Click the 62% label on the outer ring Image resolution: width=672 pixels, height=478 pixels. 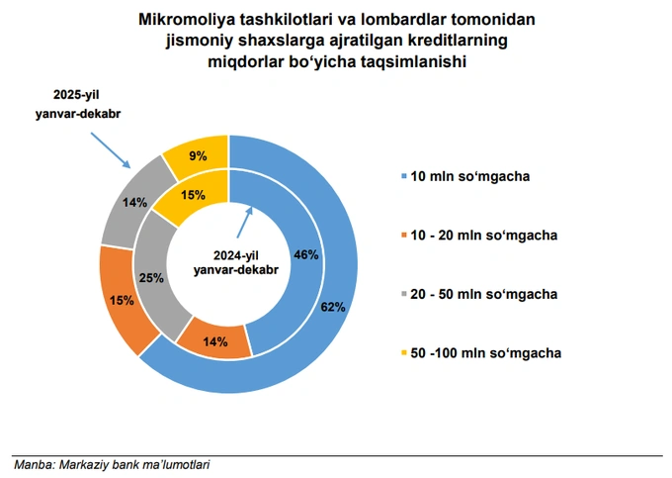333,307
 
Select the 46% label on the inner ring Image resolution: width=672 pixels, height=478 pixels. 306,254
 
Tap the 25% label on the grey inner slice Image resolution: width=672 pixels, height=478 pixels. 151,278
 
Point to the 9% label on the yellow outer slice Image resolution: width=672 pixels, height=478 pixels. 198,155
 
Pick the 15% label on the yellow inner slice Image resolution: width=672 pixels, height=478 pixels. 193,195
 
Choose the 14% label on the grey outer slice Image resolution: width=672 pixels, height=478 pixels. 135,202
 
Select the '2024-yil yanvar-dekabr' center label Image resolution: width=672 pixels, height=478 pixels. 235,261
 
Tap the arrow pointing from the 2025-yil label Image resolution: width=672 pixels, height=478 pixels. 111,149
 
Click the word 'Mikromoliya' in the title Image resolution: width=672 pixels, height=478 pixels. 184,20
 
